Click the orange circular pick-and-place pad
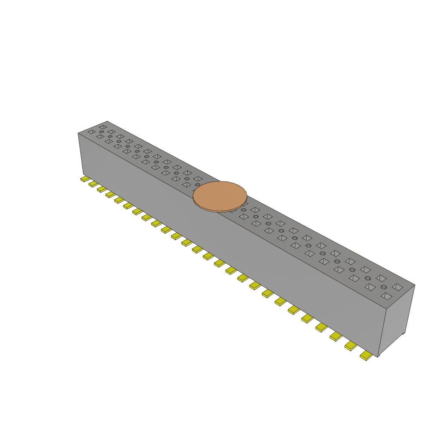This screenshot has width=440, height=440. [220, 195]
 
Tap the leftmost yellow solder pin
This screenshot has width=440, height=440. [85, 178]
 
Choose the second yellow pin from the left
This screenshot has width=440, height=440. [93, 184]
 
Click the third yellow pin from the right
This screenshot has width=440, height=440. [336, 336]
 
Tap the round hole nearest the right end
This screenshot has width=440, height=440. [383, 287]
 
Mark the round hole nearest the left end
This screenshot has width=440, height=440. [101, 132]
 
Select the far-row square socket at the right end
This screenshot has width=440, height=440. [397, 287]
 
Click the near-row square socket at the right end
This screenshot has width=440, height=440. [386, 296]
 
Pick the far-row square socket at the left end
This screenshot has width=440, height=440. [103, 127]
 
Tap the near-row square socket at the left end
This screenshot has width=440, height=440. [92, 132]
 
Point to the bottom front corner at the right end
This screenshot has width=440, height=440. [378, 357]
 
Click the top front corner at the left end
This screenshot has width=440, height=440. [78, 133]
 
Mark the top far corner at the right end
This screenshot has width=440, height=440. [415, 284]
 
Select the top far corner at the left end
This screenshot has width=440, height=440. [107, 121]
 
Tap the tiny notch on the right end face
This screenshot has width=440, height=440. [403, 333]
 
